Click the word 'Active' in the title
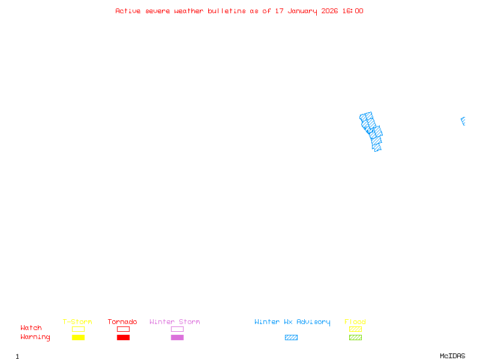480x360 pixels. coord(128,11)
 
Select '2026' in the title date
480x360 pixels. coord(329,11)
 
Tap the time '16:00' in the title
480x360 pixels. coord(353,11)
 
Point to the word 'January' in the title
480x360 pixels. coord(302,11)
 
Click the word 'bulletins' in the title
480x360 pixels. coord(227,11)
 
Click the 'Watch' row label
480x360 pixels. coord(31,328)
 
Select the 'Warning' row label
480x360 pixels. coord(35,337)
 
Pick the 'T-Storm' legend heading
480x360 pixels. coord(77,322)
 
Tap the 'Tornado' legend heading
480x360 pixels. coord(122,322)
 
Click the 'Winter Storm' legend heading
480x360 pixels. coord(175,322)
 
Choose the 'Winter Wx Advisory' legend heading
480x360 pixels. coord(292,322)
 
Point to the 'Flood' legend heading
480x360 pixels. coord(355,322)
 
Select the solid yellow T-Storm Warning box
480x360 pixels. coord(79,337)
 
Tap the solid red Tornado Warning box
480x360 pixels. coord(124,337)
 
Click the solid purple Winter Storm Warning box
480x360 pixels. coord(177,337)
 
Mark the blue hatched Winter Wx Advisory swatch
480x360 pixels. coord(291,337)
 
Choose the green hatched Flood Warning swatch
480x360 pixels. coord(355,337)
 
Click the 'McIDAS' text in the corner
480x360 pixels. coord(452,356)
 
